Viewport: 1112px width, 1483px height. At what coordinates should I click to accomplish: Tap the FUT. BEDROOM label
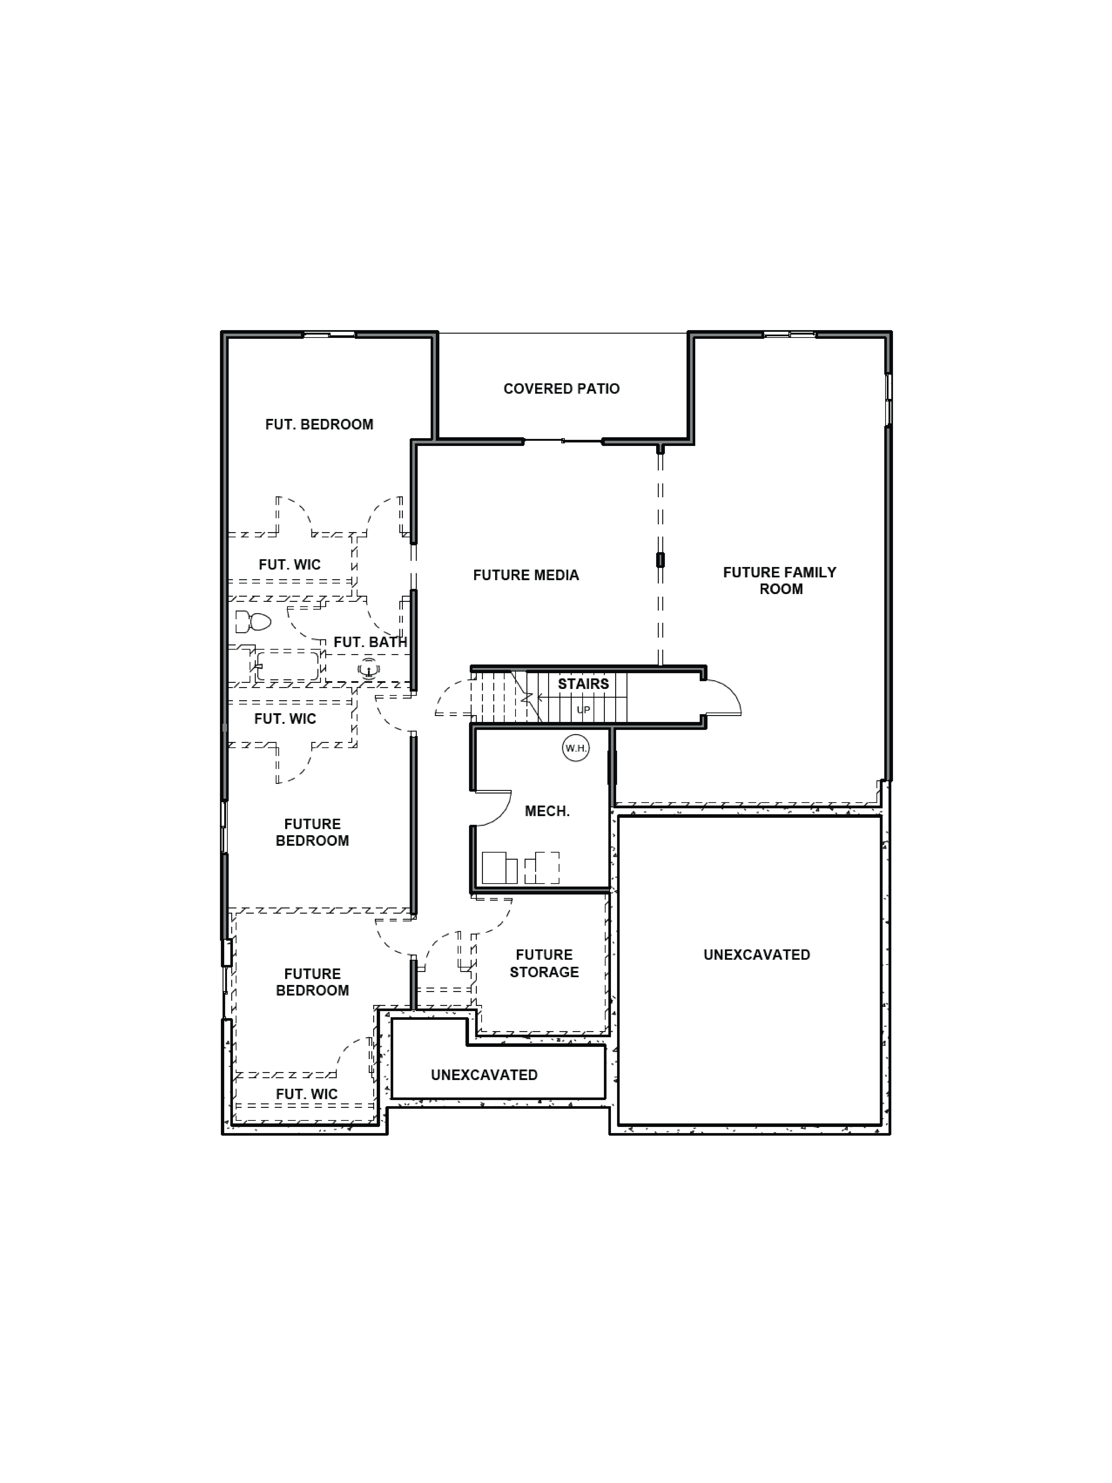[319, 424]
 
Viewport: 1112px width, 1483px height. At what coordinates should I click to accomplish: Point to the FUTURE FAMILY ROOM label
[780, 581]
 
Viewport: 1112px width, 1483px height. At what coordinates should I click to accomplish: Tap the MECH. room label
[547, 811]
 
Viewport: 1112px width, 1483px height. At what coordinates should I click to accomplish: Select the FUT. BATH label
[370, 642]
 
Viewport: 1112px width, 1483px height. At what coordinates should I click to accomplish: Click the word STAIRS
[583, 684]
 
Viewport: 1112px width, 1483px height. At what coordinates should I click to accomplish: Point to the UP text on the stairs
[583, 709]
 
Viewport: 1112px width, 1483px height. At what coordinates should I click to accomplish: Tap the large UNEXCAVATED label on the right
[757, 955]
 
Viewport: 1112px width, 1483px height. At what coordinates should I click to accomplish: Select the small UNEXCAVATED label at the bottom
[484, 1075]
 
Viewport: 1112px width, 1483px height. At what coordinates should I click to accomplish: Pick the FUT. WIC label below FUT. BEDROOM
[290, 565]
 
